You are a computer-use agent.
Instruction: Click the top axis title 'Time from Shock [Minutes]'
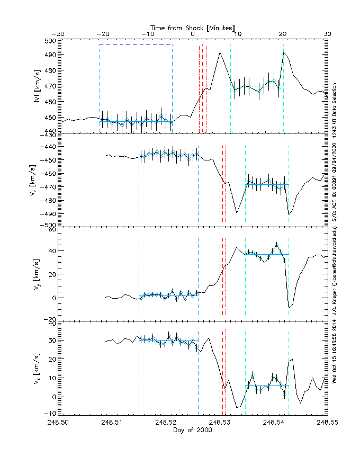pyautogui.click(x=192, y=27)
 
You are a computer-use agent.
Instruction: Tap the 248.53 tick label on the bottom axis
pyautogui.click(x=219, y=423)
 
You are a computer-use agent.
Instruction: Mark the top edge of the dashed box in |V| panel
pyautogui.click(x=136, y=44)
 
